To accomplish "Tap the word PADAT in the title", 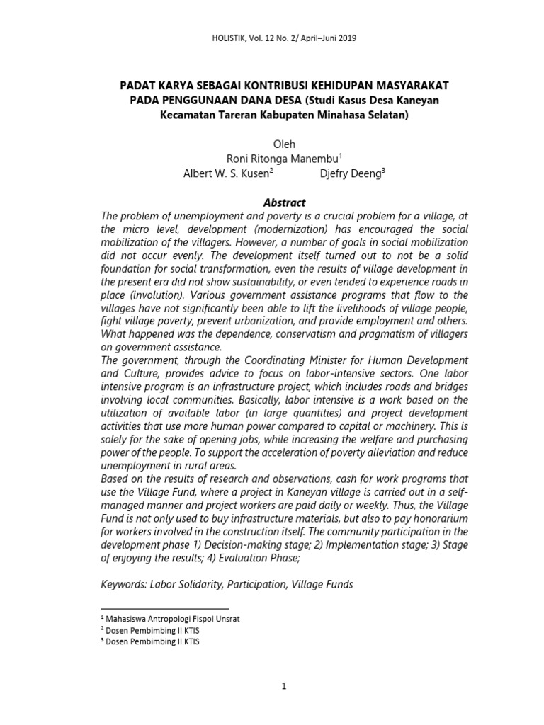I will [x=138, y=86].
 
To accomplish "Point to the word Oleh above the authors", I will [x=284, y=144].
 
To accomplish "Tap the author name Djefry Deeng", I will [x=352, y=174].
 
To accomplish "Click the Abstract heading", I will [x=284, y=202].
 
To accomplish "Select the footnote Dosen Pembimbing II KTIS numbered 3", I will [x=152, y=642].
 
